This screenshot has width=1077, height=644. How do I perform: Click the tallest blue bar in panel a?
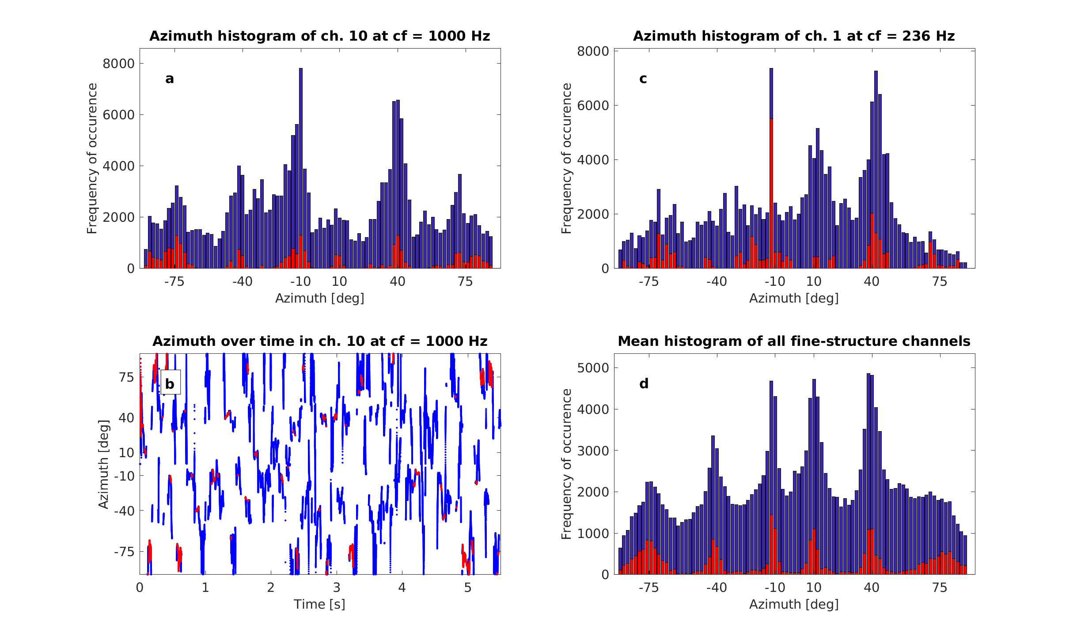point(300,168)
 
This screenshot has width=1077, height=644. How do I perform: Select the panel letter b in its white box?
point(170,383)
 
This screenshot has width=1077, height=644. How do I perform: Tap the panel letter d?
point(644,383)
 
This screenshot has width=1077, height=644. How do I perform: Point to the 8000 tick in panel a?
point(118,64)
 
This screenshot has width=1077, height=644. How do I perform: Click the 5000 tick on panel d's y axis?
point(592,368)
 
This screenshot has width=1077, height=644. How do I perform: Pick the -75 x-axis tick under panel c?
point(648,281)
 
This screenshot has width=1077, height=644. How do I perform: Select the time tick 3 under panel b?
point(336,587)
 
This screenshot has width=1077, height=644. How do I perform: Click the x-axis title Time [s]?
point(319,604)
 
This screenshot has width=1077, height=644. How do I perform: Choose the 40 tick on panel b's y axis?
point(126,418)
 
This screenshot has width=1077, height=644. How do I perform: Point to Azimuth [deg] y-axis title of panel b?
point(103,464)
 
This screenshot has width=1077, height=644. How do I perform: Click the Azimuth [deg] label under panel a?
point(319,298)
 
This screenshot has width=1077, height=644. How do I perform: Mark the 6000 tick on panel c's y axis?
point(592,106)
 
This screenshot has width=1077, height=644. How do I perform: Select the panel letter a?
point(170,79)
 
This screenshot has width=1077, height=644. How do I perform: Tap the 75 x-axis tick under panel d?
point(939,587)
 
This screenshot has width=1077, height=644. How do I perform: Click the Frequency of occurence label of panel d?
point(566,464)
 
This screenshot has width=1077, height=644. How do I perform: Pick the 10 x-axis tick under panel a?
point(339,281)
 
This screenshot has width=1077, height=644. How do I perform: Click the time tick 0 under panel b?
point(140,587)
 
